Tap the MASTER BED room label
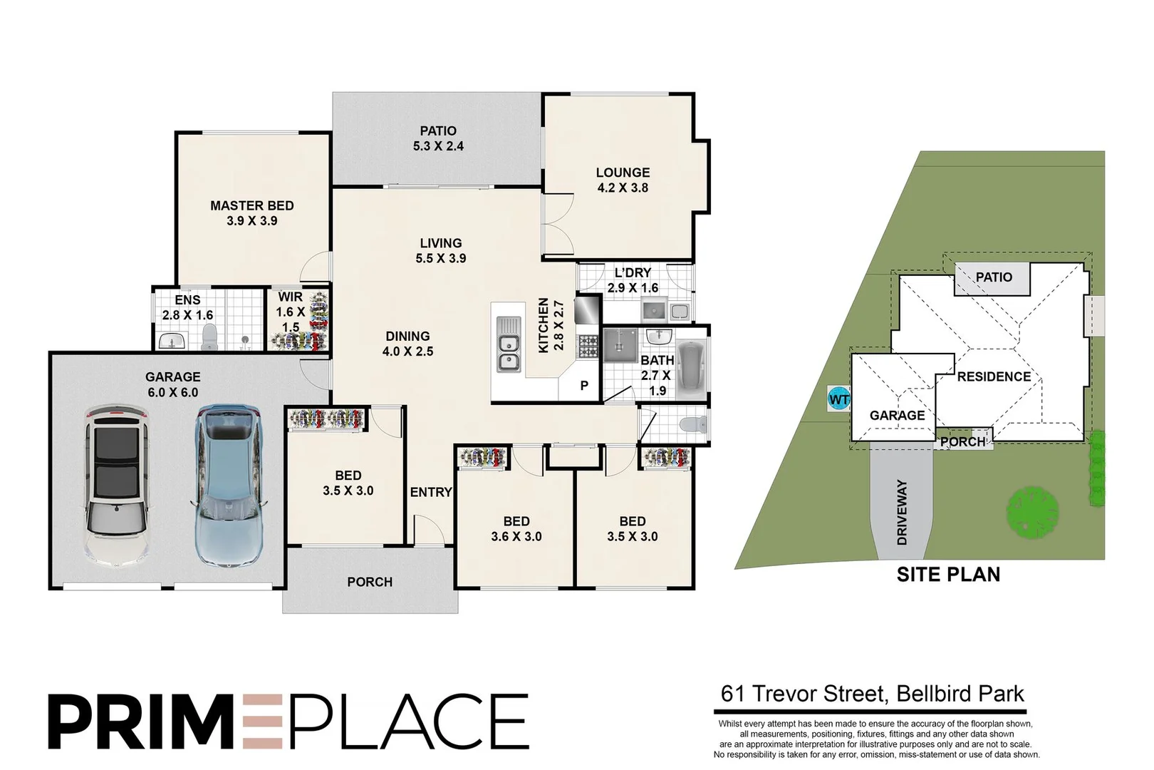(252, 206)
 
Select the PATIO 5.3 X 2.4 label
(438, 138)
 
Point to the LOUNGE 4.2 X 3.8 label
(623, 180)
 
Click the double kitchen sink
(509, 344)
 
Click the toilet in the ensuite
(209, 337)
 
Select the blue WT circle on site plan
(838, 399)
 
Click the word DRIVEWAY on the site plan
(902, 512)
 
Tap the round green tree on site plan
(1032, 512)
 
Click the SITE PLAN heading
(948, 575)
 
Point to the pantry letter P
(584, 385)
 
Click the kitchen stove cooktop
(588, 346)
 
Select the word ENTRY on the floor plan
(431, 493)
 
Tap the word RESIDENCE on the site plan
(994, 376)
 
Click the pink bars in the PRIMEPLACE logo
(263, 721)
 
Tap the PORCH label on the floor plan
(370, 582)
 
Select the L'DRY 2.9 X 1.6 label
(633, 280)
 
